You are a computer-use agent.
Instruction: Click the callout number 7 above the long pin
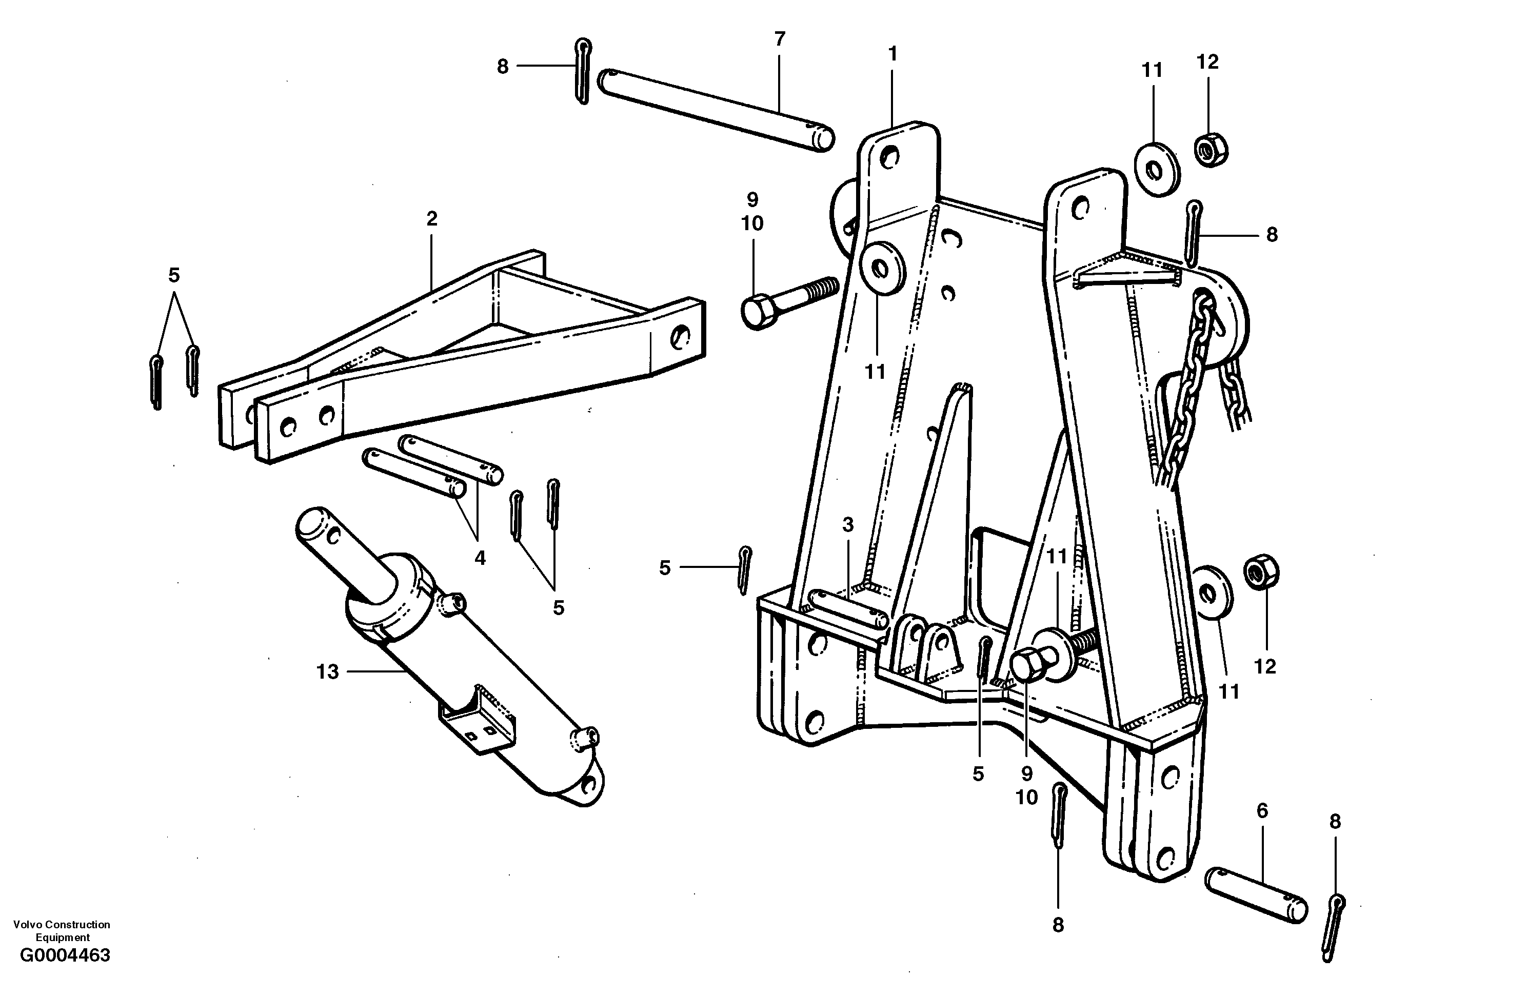point(780,39)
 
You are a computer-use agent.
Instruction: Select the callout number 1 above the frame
point(892,54)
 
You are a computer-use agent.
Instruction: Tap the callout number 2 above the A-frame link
point(432,219)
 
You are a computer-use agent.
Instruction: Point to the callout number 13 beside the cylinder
point(327,672)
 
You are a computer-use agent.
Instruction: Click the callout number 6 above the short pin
point(1262,811)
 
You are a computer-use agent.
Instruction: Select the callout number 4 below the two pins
point(480,558)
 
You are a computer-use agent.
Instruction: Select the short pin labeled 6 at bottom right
point(1256,896)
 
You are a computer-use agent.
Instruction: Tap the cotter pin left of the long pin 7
point(582,71)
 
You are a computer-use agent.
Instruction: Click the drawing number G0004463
point(65,955)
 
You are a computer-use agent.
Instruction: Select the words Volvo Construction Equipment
point(62,930)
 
